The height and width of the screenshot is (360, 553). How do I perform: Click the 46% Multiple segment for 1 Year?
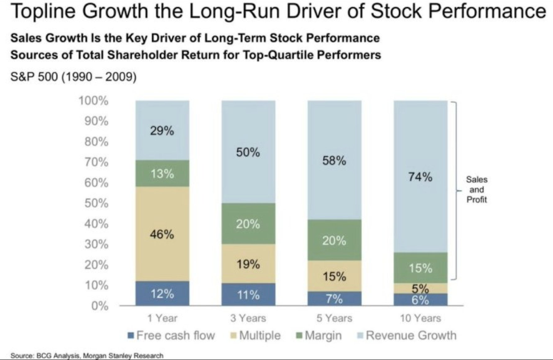[162, 234]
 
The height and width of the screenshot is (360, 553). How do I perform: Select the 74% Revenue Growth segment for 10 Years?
[420, 177]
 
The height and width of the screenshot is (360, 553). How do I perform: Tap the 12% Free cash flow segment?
[162, 294]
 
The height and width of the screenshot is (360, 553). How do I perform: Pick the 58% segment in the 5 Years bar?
[334, 160]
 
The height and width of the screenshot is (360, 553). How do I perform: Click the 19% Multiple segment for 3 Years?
[248, 264]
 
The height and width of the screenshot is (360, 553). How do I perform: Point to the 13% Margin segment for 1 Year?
[162, 173]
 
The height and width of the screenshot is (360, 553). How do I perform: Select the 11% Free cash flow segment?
[248, 295]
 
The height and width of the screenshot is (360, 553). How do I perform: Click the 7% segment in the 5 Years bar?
[334, 299]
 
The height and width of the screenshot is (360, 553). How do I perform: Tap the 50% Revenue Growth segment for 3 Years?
[248, 152]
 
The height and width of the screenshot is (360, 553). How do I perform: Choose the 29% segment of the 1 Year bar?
[162, 131]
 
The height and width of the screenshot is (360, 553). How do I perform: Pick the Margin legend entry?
[318, 335]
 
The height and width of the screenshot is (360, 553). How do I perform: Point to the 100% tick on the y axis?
[93, 101]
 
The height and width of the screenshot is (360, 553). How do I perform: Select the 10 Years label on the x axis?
[420, 319]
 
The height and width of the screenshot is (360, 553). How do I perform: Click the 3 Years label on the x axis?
[248, 319]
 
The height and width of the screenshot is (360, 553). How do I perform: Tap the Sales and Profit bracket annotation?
[477, 190]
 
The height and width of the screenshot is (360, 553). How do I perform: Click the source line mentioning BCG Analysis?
[87, 356]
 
